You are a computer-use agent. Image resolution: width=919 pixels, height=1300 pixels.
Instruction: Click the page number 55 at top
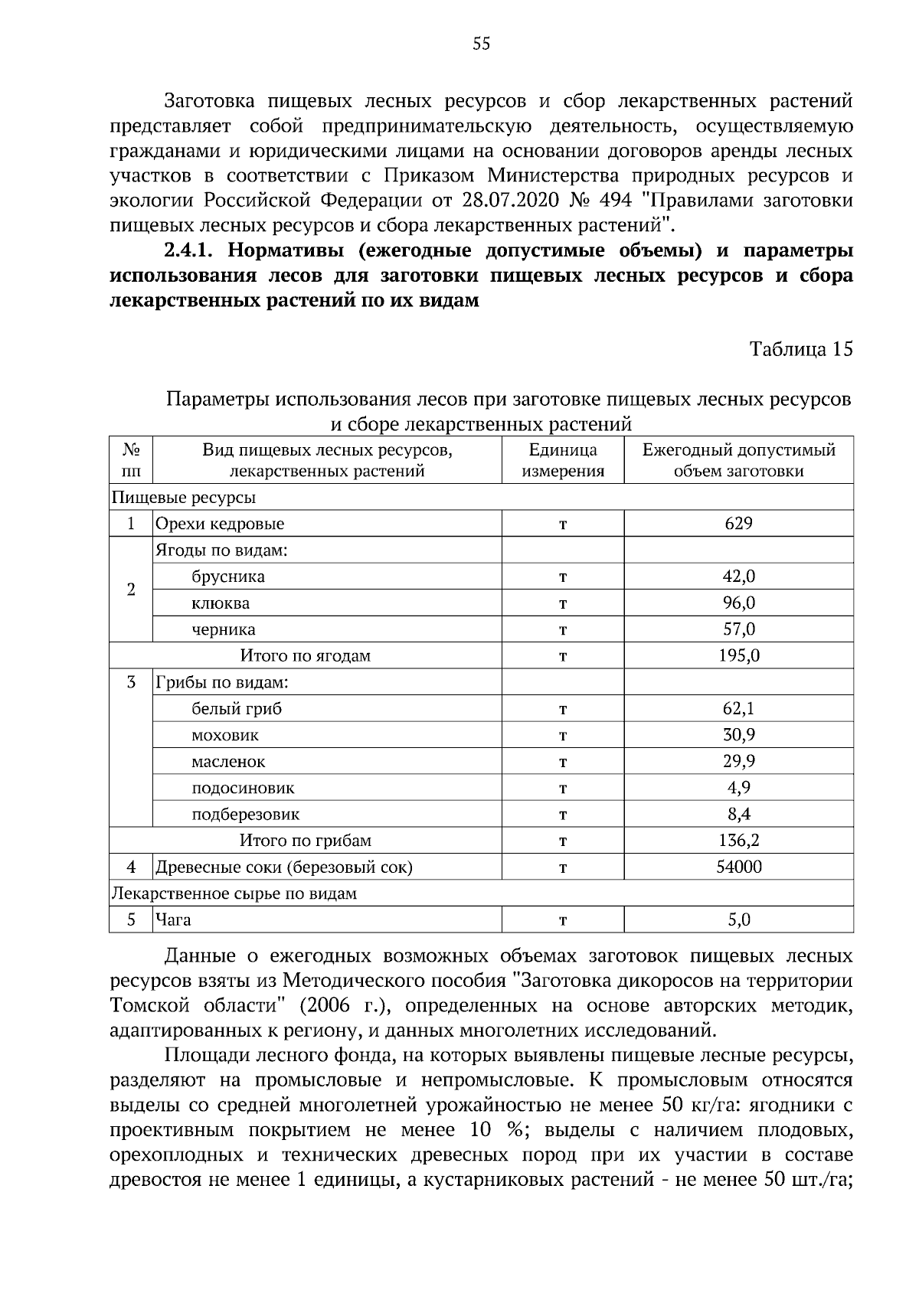tap(481, 44)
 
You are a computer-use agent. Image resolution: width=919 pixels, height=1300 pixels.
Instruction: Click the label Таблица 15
tap(800, 349)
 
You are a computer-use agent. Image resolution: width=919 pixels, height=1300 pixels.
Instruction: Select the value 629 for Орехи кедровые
tap(738, 524)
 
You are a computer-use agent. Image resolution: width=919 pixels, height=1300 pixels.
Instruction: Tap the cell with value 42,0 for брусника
tap(738, 577)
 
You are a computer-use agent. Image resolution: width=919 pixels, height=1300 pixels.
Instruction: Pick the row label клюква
tap(221, 603)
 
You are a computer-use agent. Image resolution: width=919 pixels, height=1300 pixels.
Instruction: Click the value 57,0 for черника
tap(738, 629)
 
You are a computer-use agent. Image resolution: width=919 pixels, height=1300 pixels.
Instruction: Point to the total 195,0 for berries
tap(738, 656)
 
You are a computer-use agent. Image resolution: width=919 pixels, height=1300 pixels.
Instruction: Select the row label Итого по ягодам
tap(305, 656)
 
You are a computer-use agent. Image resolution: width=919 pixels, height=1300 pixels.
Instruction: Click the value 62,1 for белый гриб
tap(738, 709)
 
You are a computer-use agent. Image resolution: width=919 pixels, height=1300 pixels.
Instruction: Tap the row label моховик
tap(225, 736)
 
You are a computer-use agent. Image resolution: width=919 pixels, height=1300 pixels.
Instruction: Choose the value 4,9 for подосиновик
tap(738, 788)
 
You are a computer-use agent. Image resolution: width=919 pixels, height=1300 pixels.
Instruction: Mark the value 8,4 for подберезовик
tap(738, 815)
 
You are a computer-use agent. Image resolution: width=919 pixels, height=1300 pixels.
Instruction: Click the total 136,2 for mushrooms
tap(738, 841)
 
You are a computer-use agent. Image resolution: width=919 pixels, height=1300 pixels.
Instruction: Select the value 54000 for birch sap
tap(738, 867)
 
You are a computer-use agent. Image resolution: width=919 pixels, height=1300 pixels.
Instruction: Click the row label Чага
tap(173, 920)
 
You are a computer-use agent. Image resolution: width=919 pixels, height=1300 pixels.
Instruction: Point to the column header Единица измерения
tap(563, 460)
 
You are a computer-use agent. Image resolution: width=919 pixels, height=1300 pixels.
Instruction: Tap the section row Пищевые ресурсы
tap(184, 498)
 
